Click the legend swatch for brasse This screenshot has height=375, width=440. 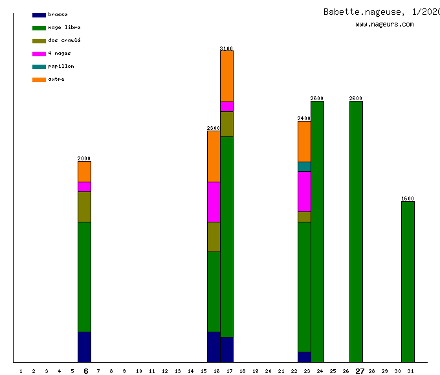39,15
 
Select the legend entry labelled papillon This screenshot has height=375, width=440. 61,67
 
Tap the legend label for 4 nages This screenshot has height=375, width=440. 60,54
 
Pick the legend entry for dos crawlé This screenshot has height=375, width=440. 64,41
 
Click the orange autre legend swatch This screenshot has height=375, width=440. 39,80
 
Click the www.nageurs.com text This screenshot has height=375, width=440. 384,25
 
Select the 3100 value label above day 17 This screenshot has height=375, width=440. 226,48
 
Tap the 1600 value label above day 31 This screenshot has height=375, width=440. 408,198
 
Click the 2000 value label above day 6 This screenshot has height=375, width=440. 84,158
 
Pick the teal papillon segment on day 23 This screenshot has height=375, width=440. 304,167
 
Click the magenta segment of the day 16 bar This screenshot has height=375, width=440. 214,202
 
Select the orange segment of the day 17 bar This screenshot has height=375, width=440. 226,76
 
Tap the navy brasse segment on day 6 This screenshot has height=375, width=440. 84,347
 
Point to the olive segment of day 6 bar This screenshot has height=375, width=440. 84,207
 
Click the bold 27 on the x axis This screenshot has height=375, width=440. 360,371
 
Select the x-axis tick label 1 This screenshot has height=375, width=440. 21,371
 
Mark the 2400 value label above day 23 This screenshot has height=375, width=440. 304,118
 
